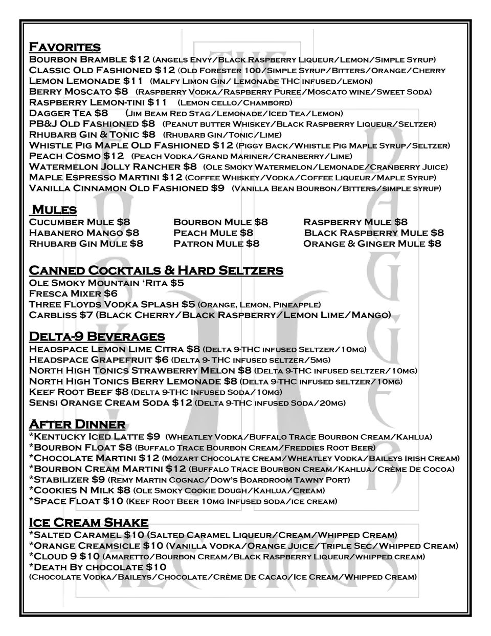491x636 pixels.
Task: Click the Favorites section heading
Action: click(64, 48)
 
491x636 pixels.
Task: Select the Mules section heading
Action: click(54, 210)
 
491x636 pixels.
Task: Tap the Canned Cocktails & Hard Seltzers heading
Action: click(156, 270)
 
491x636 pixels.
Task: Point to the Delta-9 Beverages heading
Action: click(97, 337)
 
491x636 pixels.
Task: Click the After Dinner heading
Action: click(77, 425)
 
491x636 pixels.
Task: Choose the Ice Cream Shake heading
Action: click(88, 523)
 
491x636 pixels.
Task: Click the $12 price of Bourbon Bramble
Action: click(140, 59)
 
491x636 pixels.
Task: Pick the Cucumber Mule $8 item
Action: click(79, 222)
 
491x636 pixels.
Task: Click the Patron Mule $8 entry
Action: click(216, 244)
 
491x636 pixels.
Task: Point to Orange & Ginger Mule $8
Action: click(372, 244)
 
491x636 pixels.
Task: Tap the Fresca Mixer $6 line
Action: click(73, 293)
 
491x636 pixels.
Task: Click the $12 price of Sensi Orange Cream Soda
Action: click(182, 403)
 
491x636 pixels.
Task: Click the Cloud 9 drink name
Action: click(51, 557)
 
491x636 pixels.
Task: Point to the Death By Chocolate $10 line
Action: click(97, 567)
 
